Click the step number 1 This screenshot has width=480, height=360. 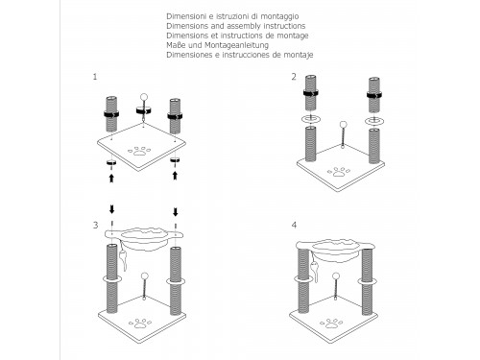(x=95, y=77)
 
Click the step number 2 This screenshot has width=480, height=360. (x=294, y=77)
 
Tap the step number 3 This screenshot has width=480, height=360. (x=95, y=225)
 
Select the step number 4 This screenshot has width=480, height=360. (x=294, y=225)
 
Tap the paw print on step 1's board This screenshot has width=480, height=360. (x=139, y=151)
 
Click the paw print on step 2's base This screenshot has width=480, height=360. (x=339, y=172)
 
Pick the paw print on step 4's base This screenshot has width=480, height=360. (x=331, y=324)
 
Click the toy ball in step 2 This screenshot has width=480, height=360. (x=343, y=125)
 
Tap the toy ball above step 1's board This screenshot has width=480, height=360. (x=144, y=97)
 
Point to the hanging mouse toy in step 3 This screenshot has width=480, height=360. (x=123, y=256)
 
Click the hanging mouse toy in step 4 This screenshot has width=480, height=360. (x=314, y=267)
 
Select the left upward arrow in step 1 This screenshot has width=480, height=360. (x=111, y=178)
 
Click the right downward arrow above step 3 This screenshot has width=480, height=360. (x=176, y=212)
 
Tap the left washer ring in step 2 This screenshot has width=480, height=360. (x=310, y=119)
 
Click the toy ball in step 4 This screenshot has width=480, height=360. (x=335, y=276)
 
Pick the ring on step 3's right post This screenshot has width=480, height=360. (x=176, y=282)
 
